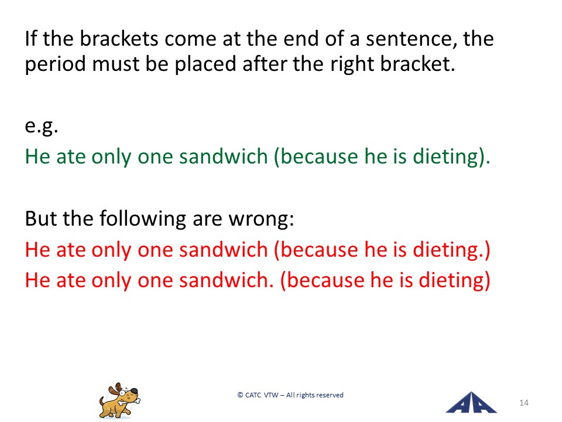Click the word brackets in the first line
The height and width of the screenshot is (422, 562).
click(119, 39)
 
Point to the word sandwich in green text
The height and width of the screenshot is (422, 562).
click(224, 156)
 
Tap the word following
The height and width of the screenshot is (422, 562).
click(143, 218)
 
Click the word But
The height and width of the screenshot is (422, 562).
click(41, 218)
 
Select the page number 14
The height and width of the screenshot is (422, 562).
click(523, 403)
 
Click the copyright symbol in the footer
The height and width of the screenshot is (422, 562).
click(240, 395)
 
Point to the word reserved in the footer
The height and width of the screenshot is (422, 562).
click(330, 395)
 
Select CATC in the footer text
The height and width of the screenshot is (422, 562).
click(253, 395)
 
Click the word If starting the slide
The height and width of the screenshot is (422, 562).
click(30, 39)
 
